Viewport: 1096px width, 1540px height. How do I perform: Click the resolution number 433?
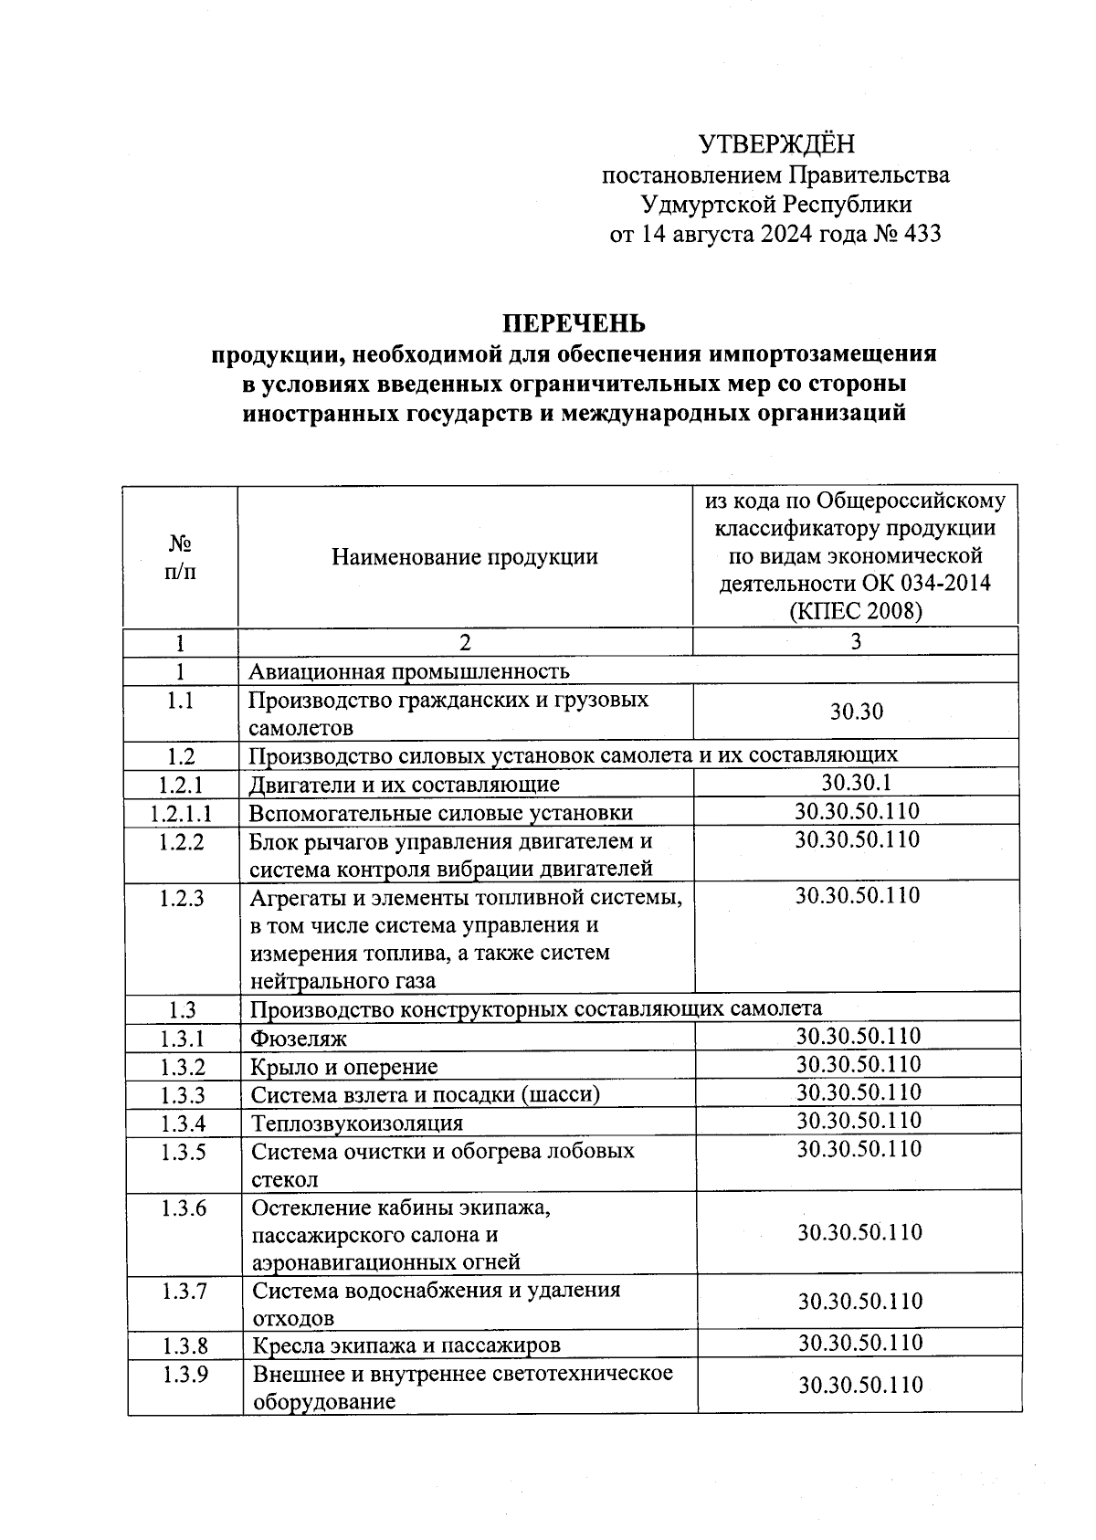pyautogui.click(x=922, y=234)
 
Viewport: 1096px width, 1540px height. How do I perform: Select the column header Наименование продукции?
pyautogui.click(x=465, y=556)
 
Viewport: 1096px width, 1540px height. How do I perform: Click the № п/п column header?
pyautogui.click(x=181, y=557)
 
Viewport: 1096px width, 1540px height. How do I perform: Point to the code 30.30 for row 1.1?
pyautogui.click(x=856, y=712)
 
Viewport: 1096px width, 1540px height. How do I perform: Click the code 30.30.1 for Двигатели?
pyautogui.click(x=856, y=783)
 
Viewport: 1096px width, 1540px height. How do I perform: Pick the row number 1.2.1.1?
pyautogui.click(x=181, y=812)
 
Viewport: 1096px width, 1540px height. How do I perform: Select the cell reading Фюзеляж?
pyautogui.click(x=299, y=1039)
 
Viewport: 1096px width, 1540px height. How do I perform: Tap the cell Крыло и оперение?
pyautogui.click(x=344, y=1067)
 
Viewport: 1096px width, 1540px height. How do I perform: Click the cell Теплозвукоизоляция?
pyautogui.click(x=357, y=1123)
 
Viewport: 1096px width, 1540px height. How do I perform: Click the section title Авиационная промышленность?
pyautogui.click(x=409, y=672)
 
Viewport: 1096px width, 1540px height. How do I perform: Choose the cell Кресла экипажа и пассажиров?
pyautogui.click(x=406, y=1345)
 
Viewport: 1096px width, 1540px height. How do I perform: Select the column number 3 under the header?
pyautogui.click(x=856, y=642)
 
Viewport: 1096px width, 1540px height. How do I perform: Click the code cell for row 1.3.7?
pyautogui.click(x=859, y=1301)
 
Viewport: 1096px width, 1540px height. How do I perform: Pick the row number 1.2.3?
pyautogui.click(x=181, y=898)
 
